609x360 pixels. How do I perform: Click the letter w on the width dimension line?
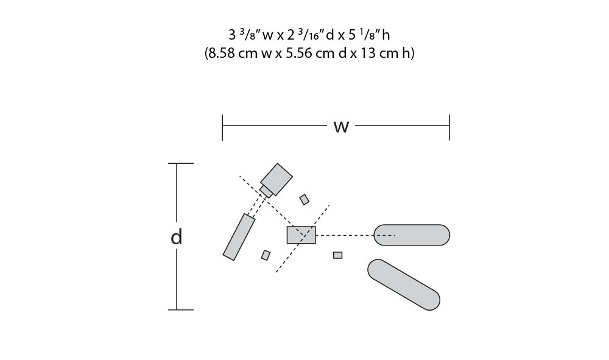point(342,127)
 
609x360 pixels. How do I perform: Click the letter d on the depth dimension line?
point(177,236)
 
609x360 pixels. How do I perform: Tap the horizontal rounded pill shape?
point(412,235)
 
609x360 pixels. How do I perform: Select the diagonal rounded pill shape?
point(404,284)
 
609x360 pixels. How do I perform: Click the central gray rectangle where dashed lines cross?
point(301,235)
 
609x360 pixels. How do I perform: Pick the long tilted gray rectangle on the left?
point(239,237)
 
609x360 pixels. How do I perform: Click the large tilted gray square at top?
point(276,179)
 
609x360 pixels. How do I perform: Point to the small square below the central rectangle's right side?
point(338,255)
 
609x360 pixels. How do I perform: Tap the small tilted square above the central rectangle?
point(304,200)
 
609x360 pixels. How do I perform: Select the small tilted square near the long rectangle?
point(266,255)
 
